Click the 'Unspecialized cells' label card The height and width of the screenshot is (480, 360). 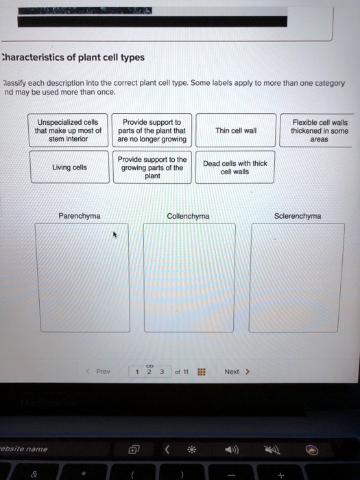69,130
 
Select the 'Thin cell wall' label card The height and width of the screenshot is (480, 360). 236,130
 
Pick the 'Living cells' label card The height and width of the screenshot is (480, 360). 69,167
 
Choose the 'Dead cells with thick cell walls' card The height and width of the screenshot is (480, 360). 236,167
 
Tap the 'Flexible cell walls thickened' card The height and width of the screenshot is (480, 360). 319,130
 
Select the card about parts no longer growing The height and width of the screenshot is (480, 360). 152,130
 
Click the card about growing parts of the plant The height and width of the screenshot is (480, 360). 152,167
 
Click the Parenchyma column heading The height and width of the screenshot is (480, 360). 80,216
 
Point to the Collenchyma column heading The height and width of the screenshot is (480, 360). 189,216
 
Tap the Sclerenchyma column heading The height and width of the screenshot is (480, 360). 297,216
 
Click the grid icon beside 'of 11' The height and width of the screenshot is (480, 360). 201,372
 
